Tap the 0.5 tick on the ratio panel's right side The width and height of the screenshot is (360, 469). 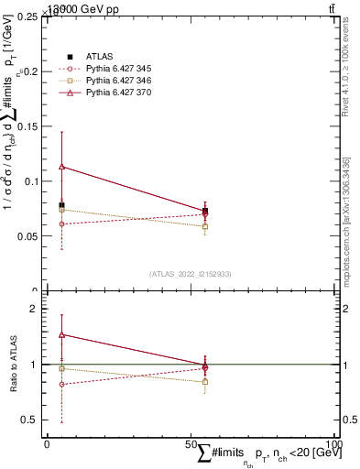tap(349, 420)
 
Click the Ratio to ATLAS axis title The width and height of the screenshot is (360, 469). tap(13, 365)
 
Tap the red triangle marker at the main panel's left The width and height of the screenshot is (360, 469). tap(61, 167)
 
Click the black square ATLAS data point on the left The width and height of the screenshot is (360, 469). tap(61, 205)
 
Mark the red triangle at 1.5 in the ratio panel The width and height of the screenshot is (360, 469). tap(61, 334)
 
